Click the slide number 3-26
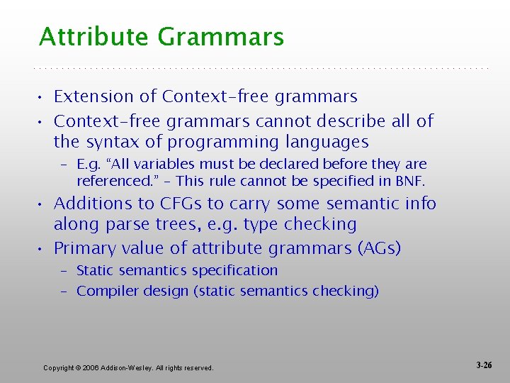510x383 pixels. coord(484,365)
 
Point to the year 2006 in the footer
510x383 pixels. coord(91,367)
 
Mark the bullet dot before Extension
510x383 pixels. coord(42,97)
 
